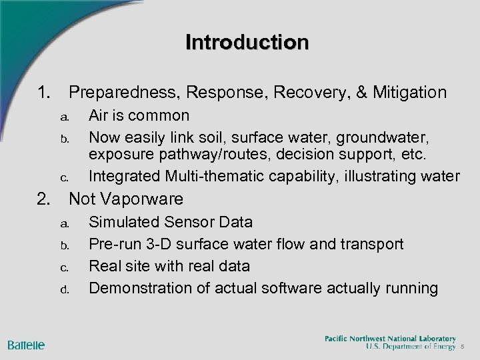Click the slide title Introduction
tap(247, 42)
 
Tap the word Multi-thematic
tap(219, 177)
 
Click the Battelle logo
tap(27, 345)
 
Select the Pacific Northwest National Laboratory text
tap(390, 339)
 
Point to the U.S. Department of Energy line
tap(410, 347)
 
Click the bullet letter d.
tap(65, 289)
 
